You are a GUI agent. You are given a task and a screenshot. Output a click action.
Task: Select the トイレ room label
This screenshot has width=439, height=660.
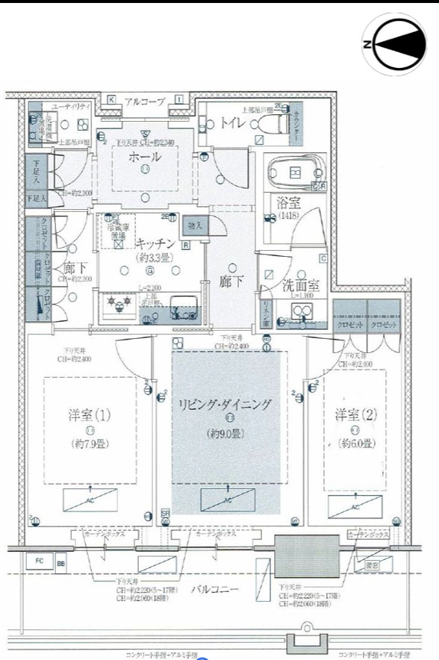tap(233, 125)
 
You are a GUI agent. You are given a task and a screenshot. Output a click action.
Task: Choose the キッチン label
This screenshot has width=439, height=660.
tap(155, 243)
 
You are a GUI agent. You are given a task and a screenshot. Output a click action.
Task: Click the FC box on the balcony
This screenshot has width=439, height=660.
tap(39, 561)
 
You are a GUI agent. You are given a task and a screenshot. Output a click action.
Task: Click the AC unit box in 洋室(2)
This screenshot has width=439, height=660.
tap(355, 506)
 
